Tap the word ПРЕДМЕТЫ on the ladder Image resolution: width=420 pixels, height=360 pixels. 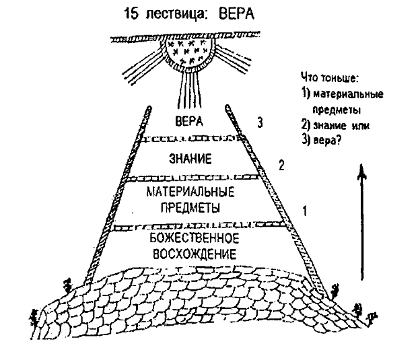[x=190, y=207]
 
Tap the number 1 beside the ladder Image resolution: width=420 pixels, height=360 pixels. [x=304, y=211]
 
